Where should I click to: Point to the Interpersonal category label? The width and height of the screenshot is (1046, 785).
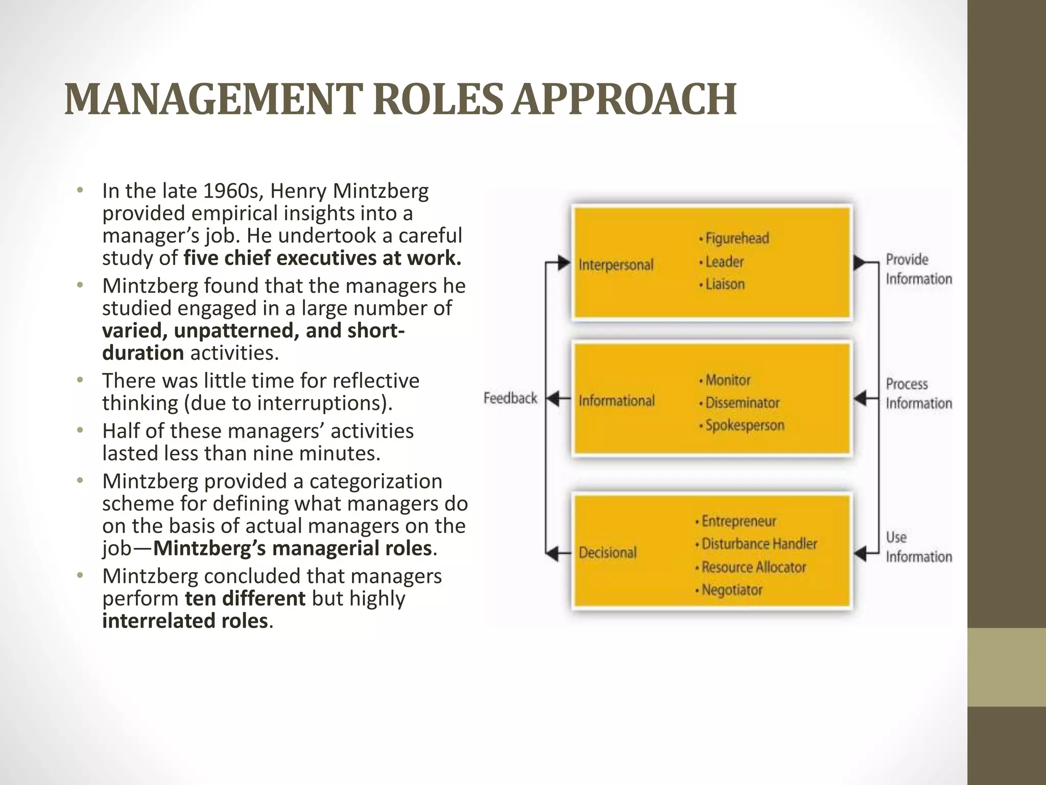[x=616, y=265]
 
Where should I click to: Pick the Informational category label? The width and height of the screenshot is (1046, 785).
[x=616, y=401]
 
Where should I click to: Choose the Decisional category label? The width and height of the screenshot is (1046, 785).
[x=607, y=552]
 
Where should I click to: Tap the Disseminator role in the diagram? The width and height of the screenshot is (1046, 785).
[x=742, y=403]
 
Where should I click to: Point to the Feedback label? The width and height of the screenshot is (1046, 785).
[x=510, y=398]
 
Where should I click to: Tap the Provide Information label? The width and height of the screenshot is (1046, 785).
[x=918, y=269]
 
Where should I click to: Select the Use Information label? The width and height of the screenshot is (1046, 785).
[x=918, y=546]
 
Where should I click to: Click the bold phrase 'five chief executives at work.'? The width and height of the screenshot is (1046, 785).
[x=322, y=258]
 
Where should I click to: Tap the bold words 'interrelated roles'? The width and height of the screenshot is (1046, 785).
[x=185, y=621]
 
